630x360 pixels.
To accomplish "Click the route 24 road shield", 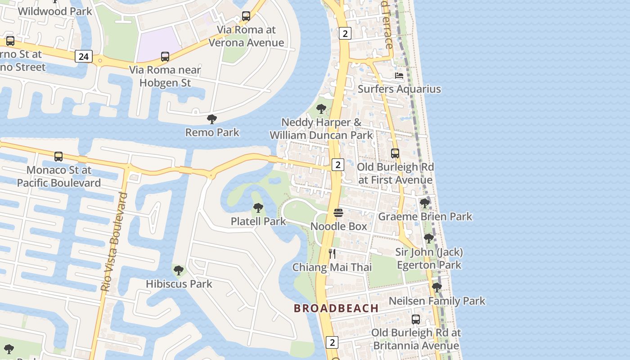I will pyautogui.click(x=84, y=56).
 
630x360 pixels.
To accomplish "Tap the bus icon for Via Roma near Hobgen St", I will pyautogui.click(x=165, y=57).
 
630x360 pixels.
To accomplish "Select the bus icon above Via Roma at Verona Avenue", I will pyautogui.click(x=246, y=16).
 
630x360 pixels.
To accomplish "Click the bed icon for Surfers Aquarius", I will pyautogui.click(x=399, y=75).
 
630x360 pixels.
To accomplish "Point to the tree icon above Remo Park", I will pyautogui.click(x=212, y=119).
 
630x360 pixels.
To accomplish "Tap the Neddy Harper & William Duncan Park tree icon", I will pyautogui.click(x=321, y=108).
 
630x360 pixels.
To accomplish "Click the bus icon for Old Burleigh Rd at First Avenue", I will pyautogui.click(x=395, y=153).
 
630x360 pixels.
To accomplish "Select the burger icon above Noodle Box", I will pyautogui.click(x=338, y=213).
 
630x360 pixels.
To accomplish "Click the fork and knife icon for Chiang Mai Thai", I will pyautogui.click(x=332, y=253).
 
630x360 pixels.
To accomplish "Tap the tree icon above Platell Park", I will pyautogui.click(x=258, y=207).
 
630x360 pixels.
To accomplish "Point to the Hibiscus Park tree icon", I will pyautogui.click(x=179, y=270).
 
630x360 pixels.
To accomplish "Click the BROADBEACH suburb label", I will pyautogui.click(x=336, y=308).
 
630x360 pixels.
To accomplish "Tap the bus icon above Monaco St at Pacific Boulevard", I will pyautogui.click(x=58, y=157).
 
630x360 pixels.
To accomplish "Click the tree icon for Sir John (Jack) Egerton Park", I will pyautogui.click(x=429, y=238).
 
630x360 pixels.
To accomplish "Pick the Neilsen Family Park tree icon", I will pyautogui.click(x=436, y=287).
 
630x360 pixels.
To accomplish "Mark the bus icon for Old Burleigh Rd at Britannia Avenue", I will pyautogui.click(x=416, y=319).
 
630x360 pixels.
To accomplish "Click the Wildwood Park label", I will pyautogui.click(x=55, y=11).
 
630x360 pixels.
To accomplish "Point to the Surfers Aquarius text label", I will pyautogui.click(x=399, y=89).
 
